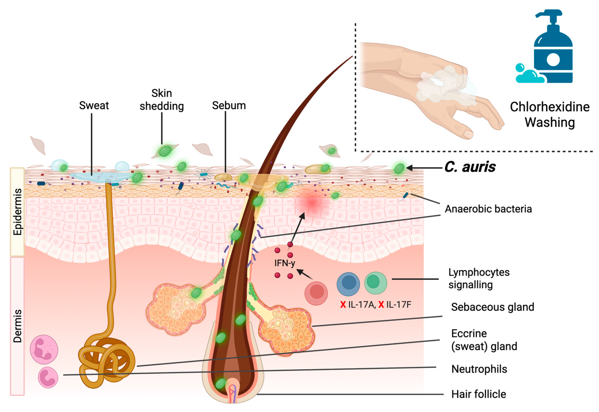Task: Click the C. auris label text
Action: click(x=470, y=167)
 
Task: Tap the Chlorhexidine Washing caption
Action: click(x=549, y=114)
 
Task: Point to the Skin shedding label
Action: click(x=162, y=100)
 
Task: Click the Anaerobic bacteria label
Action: click(x=488, y=209)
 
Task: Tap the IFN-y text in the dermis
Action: click(x=285, y=263)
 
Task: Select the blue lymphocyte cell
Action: click(x=348, y=284)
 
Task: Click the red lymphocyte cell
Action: click(x=316, y=293)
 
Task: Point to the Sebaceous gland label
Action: click(x=492, y=307)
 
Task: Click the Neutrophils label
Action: click(x=479, y=369)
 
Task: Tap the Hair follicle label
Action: click(x=478, y=394)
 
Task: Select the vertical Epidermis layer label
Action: click(x=17, y=212)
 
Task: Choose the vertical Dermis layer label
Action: click(x=17, y=326)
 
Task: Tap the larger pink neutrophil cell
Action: click(x=44, y=350)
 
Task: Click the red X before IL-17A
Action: click(x=343, y=305)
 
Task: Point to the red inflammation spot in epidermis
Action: click(x=312, y=203)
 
